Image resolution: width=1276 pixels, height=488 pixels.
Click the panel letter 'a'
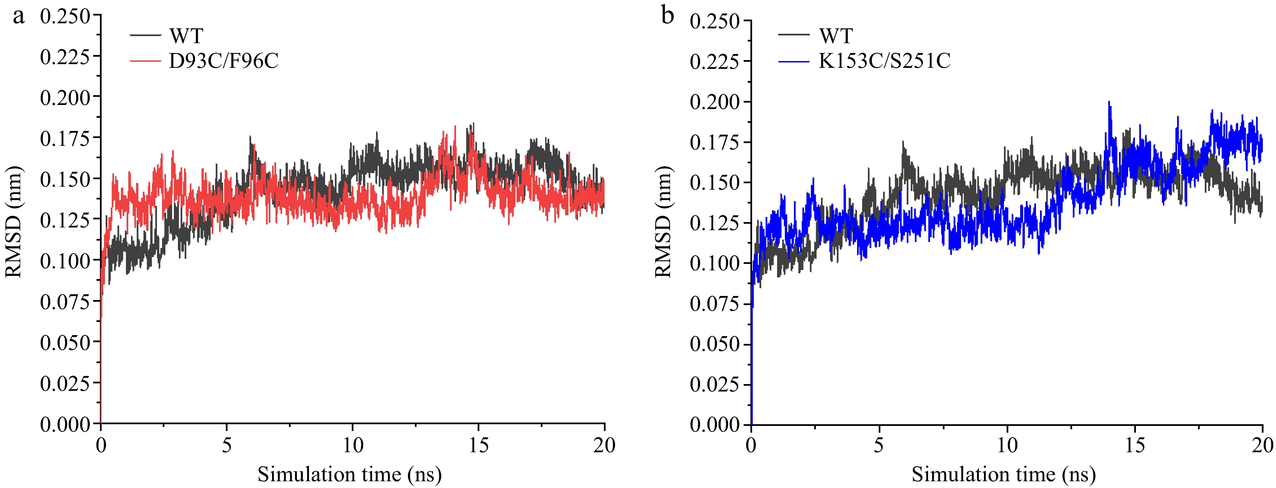tap(18, 16)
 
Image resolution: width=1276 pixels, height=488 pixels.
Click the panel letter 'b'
tap(667, 16)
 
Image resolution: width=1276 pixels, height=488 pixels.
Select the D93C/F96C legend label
tap(223, 61)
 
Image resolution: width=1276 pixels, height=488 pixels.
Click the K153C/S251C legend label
tap(884, 61)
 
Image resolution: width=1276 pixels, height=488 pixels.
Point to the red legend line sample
tap(145, 61)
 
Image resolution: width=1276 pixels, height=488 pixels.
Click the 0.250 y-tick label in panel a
tap(65, 16)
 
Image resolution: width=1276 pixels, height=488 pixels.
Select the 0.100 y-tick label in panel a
tap(65, 261)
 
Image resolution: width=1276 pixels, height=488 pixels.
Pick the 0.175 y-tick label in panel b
tap(714, 142)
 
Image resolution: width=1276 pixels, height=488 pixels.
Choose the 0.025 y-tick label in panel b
tap(714, 384)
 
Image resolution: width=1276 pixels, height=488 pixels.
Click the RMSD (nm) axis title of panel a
tap(14, 221)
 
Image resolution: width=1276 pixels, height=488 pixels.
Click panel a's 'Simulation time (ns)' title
tap(349, 475)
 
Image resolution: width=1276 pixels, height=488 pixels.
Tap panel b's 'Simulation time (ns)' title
tap(1004, 475)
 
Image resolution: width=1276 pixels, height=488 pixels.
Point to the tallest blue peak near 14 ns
tap(1109, 103)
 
